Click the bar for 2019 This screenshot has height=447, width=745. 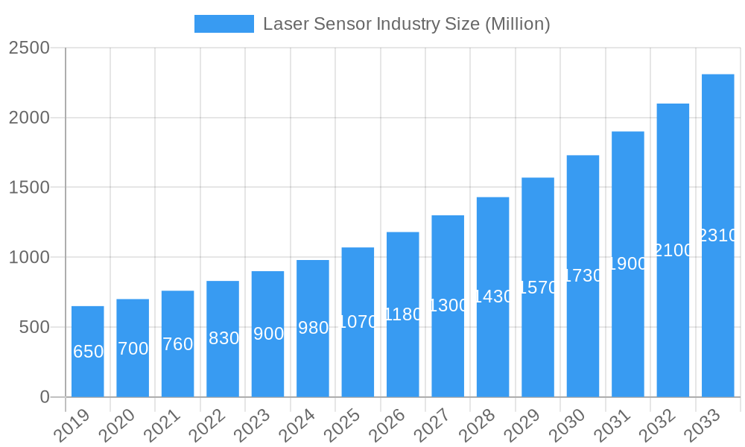[x=88, y=372]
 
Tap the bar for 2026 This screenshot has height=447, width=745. [x=403, y=350]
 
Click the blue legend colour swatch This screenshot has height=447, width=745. [x=223, y=24]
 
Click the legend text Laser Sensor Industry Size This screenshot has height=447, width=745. [x=406, y=24]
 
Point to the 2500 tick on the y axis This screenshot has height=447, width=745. [x=29, y=48]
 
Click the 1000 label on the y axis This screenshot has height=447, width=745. [x=29, y=257]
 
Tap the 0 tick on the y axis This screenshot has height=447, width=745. [x=44, y=397]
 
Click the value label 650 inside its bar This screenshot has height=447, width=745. [x=88, y=352]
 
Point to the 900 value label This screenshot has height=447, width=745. [x=268, y=334]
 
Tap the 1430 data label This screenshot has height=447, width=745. [x=493, y=297]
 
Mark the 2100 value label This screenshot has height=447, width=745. [x=673, y=250]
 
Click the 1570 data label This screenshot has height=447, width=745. [x=538, y=288]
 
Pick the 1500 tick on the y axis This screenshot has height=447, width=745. [x=29, y=187]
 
